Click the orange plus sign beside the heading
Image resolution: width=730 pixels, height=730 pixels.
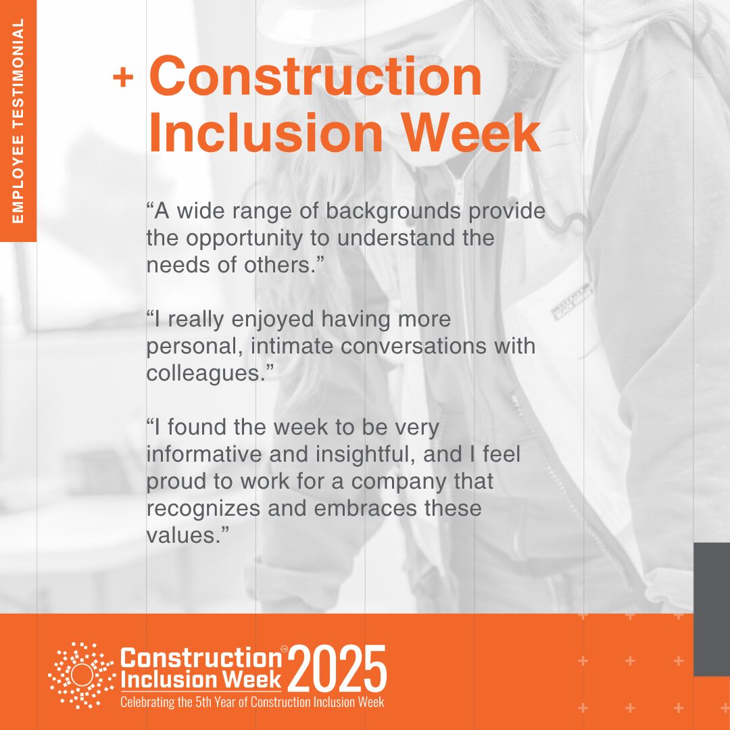[123, 77]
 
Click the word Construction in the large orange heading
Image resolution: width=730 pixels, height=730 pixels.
[315, 76]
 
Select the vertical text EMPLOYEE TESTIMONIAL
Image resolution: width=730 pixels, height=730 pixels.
[18, 120]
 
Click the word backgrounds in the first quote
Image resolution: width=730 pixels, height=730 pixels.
[393, 212]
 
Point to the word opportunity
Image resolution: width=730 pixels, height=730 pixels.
[245, 239]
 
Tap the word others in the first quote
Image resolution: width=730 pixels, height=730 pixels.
[278, 265]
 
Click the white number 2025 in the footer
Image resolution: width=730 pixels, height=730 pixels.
[337, 669]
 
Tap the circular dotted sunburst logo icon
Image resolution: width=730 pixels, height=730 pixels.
[82, 675]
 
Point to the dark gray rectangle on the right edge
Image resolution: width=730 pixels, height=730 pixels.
[712, 609]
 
